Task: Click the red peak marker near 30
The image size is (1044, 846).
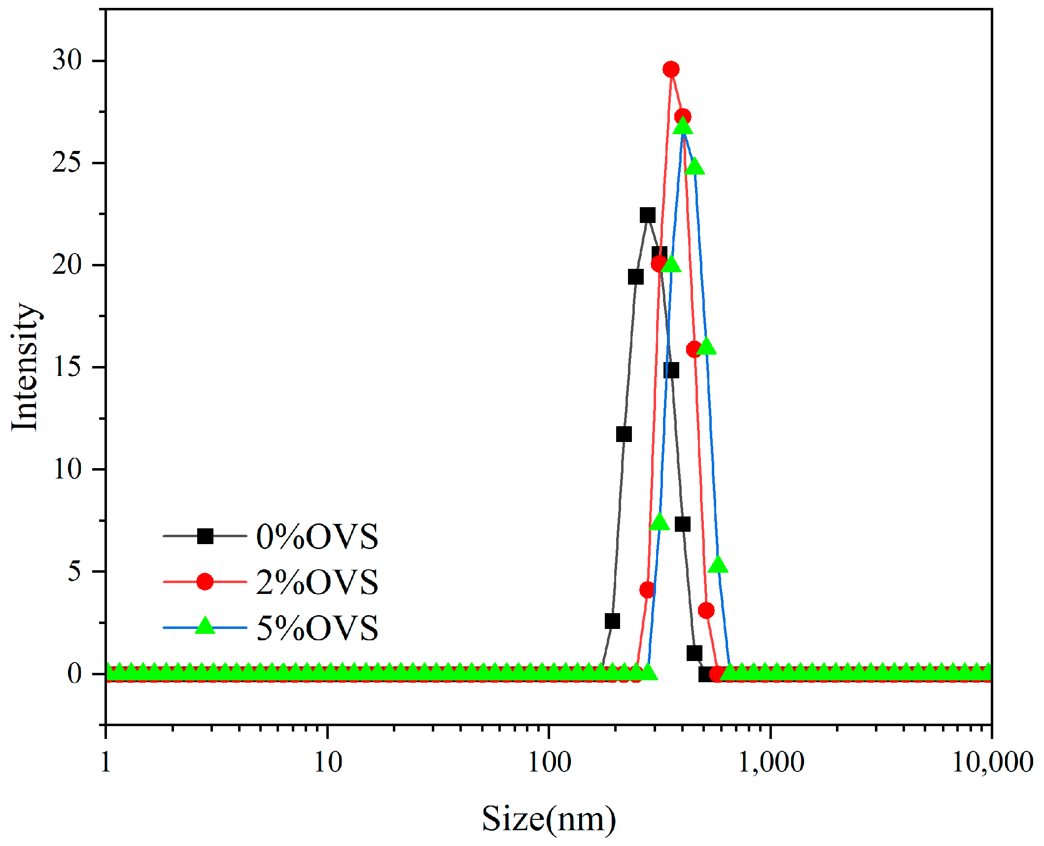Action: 670,69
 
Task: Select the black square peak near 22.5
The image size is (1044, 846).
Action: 647,215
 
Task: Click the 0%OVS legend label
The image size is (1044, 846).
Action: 317,536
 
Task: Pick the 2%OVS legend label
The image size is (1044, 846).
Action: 317,582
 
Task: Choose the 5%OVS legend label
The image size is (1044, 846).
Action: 317,628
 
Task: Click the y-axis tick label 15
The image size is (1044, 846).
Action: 67,367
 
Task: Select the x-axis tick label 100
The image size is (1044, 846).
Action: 549,762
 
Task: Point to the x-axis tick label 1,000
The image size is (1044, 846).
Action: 770,762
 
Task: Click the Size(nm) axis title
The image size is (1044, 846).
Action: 549,819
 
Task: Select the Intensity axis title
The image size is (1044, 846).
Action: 25,367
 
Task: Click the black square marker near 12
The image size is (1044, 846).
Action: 624,434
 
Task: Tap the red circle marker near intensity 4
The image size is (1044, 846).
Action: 647,589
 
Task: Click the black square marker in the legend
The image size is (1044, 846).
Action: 205,536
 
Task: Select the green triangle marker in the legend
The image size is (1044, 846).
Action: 205,626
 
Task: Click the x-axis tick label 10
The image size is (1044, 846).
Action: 328,762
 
